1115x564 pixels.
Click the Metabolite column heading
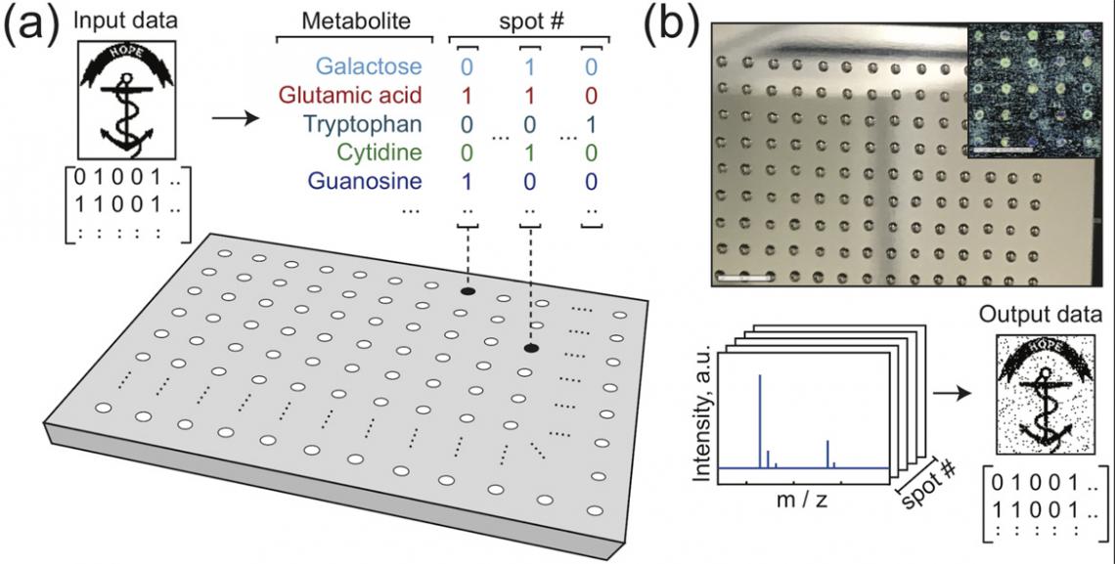pos(355,22)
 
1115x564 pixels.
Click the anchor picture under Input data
pos(125,100)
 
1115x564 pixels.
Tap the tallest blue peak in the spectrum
pos(759,420)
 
